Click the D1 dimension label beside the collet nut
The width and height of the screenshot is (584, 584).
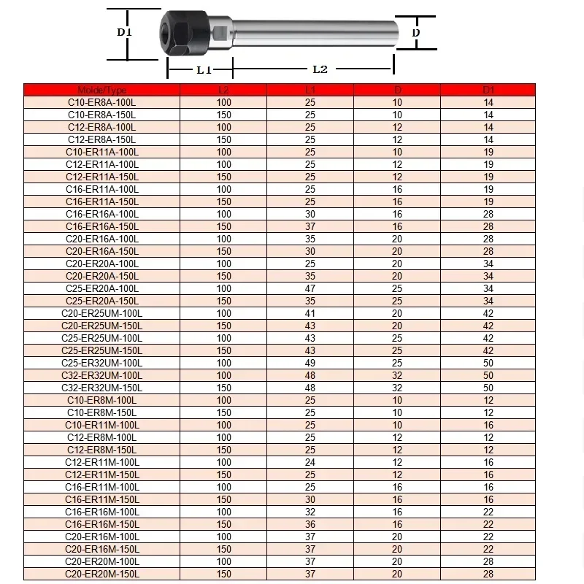pyautogui.click(x=124, y=32)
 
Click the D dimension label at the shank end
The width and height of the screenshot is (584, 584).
pyautogui.click(x=416, y=33)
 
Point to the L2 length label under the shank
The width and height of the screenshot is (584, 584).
pyautogui.click(x=320, y=69)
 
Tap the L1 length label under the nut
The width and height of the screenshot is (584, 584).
pyautogui.click(x=204, y=69)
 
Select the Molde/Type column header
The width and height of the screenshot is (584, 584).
pyautogui.click(x=101, y=91)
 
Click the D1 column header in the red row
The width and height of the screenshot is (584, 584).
pyautogui.click(x=488, y=91)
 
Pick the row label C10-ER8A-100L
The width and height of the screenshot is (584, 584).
pyautogui.click(x=101, y=103)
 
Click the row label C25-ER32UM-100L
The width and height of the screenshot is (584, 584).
pyautogui.click(x=101, y=363)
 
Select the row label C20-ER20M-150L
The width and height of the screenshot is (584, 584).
pyautogui.click(x=101, y=574)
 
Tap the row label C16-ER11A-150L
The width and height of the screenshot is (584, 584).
pyautogui.click(x=101, y=201)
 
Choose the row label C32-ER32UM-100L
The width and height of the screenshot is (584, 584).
pyautogui.click(x=101, y=375)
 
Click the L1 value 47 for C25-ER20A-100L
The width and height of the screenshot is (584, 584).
pyautogui.click(x=310, y=288)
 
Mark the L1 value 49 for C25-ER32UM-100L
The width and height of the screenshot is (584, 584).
pyautogui.click(x=310, y=363)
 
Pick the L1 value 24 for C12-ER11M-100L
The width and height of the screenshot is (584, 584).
pyautogui.click(x=310, y=462)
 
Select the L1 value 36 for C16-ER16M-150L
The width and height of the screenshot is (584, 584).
pyautogui.click(x=310, y=524)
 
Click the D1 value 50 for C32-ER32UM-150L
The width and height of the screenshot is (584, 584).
pyautogui.click(x=488, y=388)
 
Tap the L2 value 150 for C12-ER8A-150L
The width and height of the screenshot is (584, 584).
pyautogui.click(x=224, y=139)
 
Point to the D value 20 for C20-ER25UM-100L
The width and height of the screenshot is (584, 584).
pyautogui.click(x=397, y=313)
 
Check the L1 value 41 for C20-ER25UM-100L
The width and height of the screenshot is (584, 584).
pyautogui.click(x=310, y=313)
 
